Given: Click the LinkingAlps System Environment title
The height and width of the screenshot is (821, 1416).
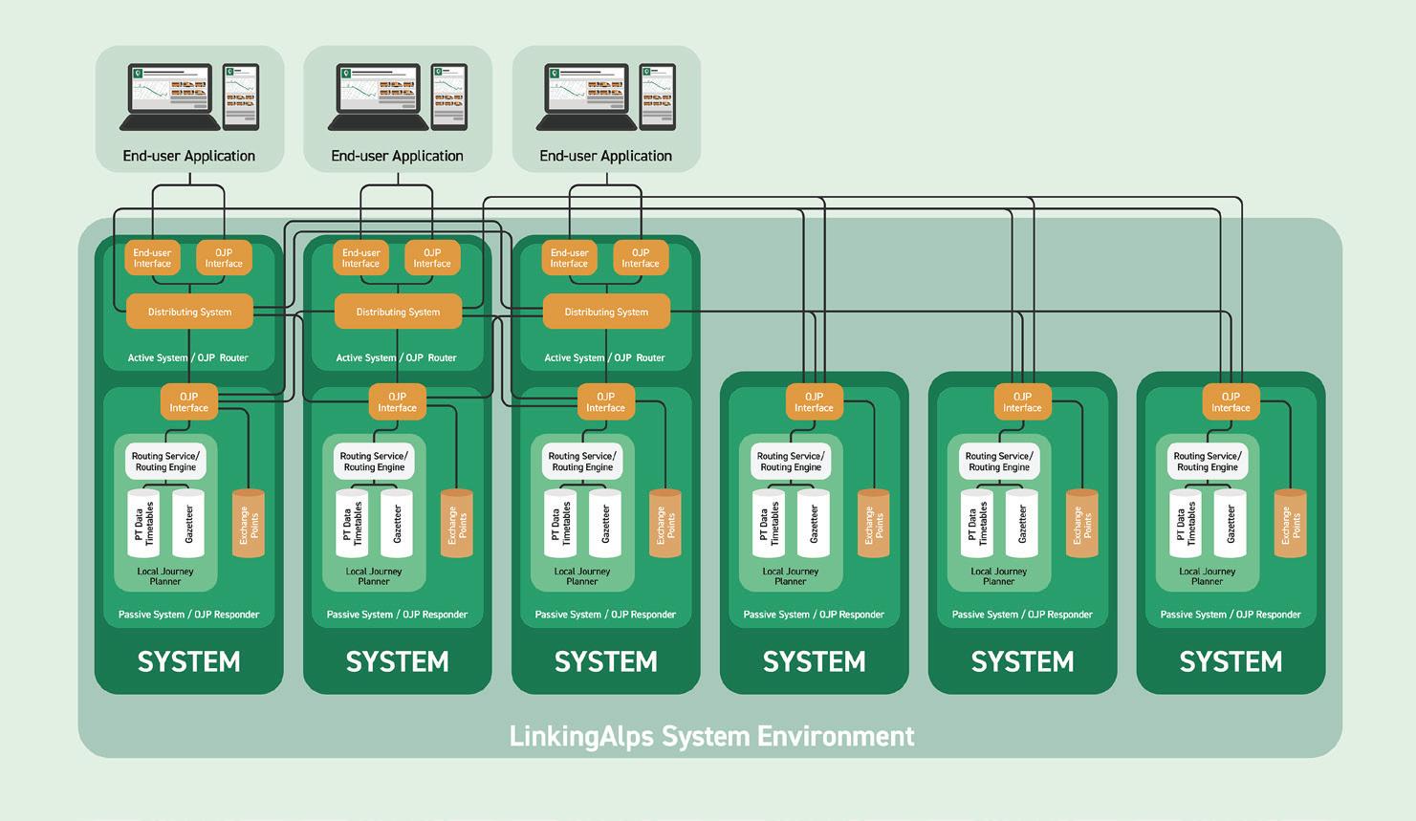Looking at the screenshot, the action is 711,736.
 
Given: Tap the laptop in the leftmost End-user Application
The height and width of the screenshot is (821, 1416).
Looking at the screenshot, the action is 170,97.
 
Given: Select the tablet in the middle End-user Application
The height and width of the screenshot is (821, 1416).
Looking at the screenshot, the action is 448,97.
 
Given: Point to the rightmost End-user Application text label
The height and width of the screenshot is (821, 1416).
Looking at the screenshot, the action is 605,156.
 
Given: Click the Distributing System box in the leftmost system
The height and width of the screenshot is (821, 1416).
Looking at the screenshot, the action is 189,312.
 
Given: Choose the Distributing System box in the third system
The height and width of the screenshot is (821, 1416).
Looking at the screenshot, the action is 606,312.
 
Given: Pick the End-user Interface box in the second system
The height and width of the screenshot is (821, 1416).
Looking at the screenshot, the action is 361,258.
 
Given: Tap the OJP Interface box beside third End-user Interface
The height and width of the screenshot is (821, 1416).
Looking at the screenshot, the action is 641,258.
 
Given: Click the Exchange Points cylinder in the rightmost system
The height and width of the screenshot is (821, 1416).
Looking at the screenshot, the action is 1290,523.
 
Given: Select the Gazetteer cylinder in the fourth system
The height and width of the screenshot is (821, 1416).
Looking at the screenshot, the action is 814,523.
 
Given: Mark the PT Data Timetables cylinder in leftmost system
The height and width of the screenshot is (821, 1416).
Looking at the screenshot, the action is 143,523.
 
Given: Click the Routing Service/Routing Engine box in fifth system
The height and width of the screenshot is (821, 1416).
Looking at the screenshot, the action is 999,462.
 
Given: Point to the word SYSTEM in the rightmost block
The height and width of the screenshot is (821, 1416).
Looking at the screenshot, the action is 1231,661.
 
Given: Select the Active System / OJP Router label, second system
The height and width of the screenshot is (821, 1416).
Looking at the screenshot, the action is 397,357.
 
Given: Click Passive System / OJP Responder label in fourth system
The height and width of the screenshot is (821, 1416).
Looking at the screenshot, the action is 814,615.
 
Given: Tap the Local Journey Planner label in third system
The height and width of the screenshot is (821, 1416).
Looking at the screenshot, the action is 582,576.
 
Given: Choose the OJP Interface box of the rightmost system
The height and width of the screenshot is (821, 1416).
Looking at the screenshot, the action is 1231,402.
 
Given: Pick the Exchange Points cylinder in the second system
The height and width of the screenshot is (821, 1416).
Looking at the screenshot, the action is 456,523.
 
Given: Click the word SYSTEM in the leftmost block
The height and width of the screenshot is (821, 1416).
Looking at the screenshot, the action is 189,661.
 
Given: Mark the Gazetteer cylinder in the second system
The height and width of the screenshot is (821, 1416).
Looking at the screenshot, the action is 397,523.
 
